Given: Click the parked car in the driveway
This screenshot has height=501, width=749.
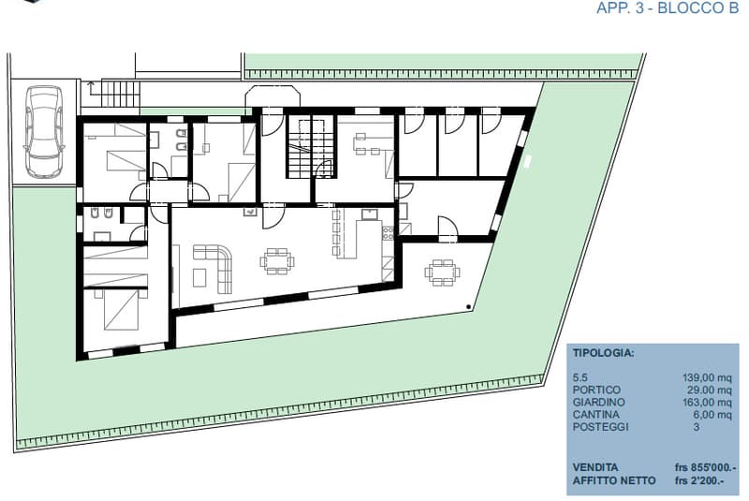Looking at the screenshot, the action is click(43, 130).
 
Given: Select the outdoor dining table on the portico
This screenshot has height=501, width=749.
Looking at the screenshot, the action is click(442, 273).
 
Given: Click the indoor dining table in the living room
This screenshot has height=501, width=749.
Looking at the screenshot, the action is click(277, 261).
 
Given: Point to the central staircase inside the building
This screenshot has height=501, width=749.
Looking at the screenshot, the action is click(310, 146).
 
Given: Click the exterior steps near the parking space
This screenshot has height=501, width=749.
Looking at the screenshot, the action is click(121, 94).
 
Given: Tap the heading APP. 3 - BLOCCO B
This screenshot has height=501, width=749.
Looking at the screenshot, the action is click(668, 8).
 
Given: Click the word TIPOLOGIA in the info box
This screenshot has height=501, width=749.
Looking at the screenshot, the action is click(603, 353).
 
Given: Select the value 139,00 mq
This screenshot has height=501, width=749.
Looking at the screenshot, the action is click(707, 377).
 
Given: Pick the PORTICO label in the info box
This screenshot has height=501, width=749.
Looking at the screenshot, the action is click(596, 390).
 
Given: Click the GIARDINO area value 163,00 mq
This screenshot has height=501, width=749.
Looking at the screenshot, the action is click(707, 402).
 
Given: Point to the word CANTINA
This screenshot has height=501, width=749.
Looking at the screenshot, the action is click(595, 415).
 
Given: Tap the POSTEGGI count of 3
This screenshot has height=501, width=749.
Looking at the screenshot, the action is click(697, 427).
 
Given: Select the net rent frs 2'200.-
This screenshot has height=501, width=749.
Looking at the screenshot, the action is click(699, 480).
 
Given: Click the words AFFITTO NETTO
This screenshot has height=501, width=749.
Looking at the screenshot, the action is click(614, 480).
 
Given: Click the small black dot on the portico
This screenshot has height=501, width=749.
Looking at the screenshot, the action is click(469, 306).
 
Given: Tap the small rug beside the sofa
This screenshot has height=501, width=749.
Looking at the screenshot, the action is click(199, 277).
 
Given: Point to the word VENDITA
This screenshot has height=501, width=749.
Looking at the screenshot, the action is click(595, 467).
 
